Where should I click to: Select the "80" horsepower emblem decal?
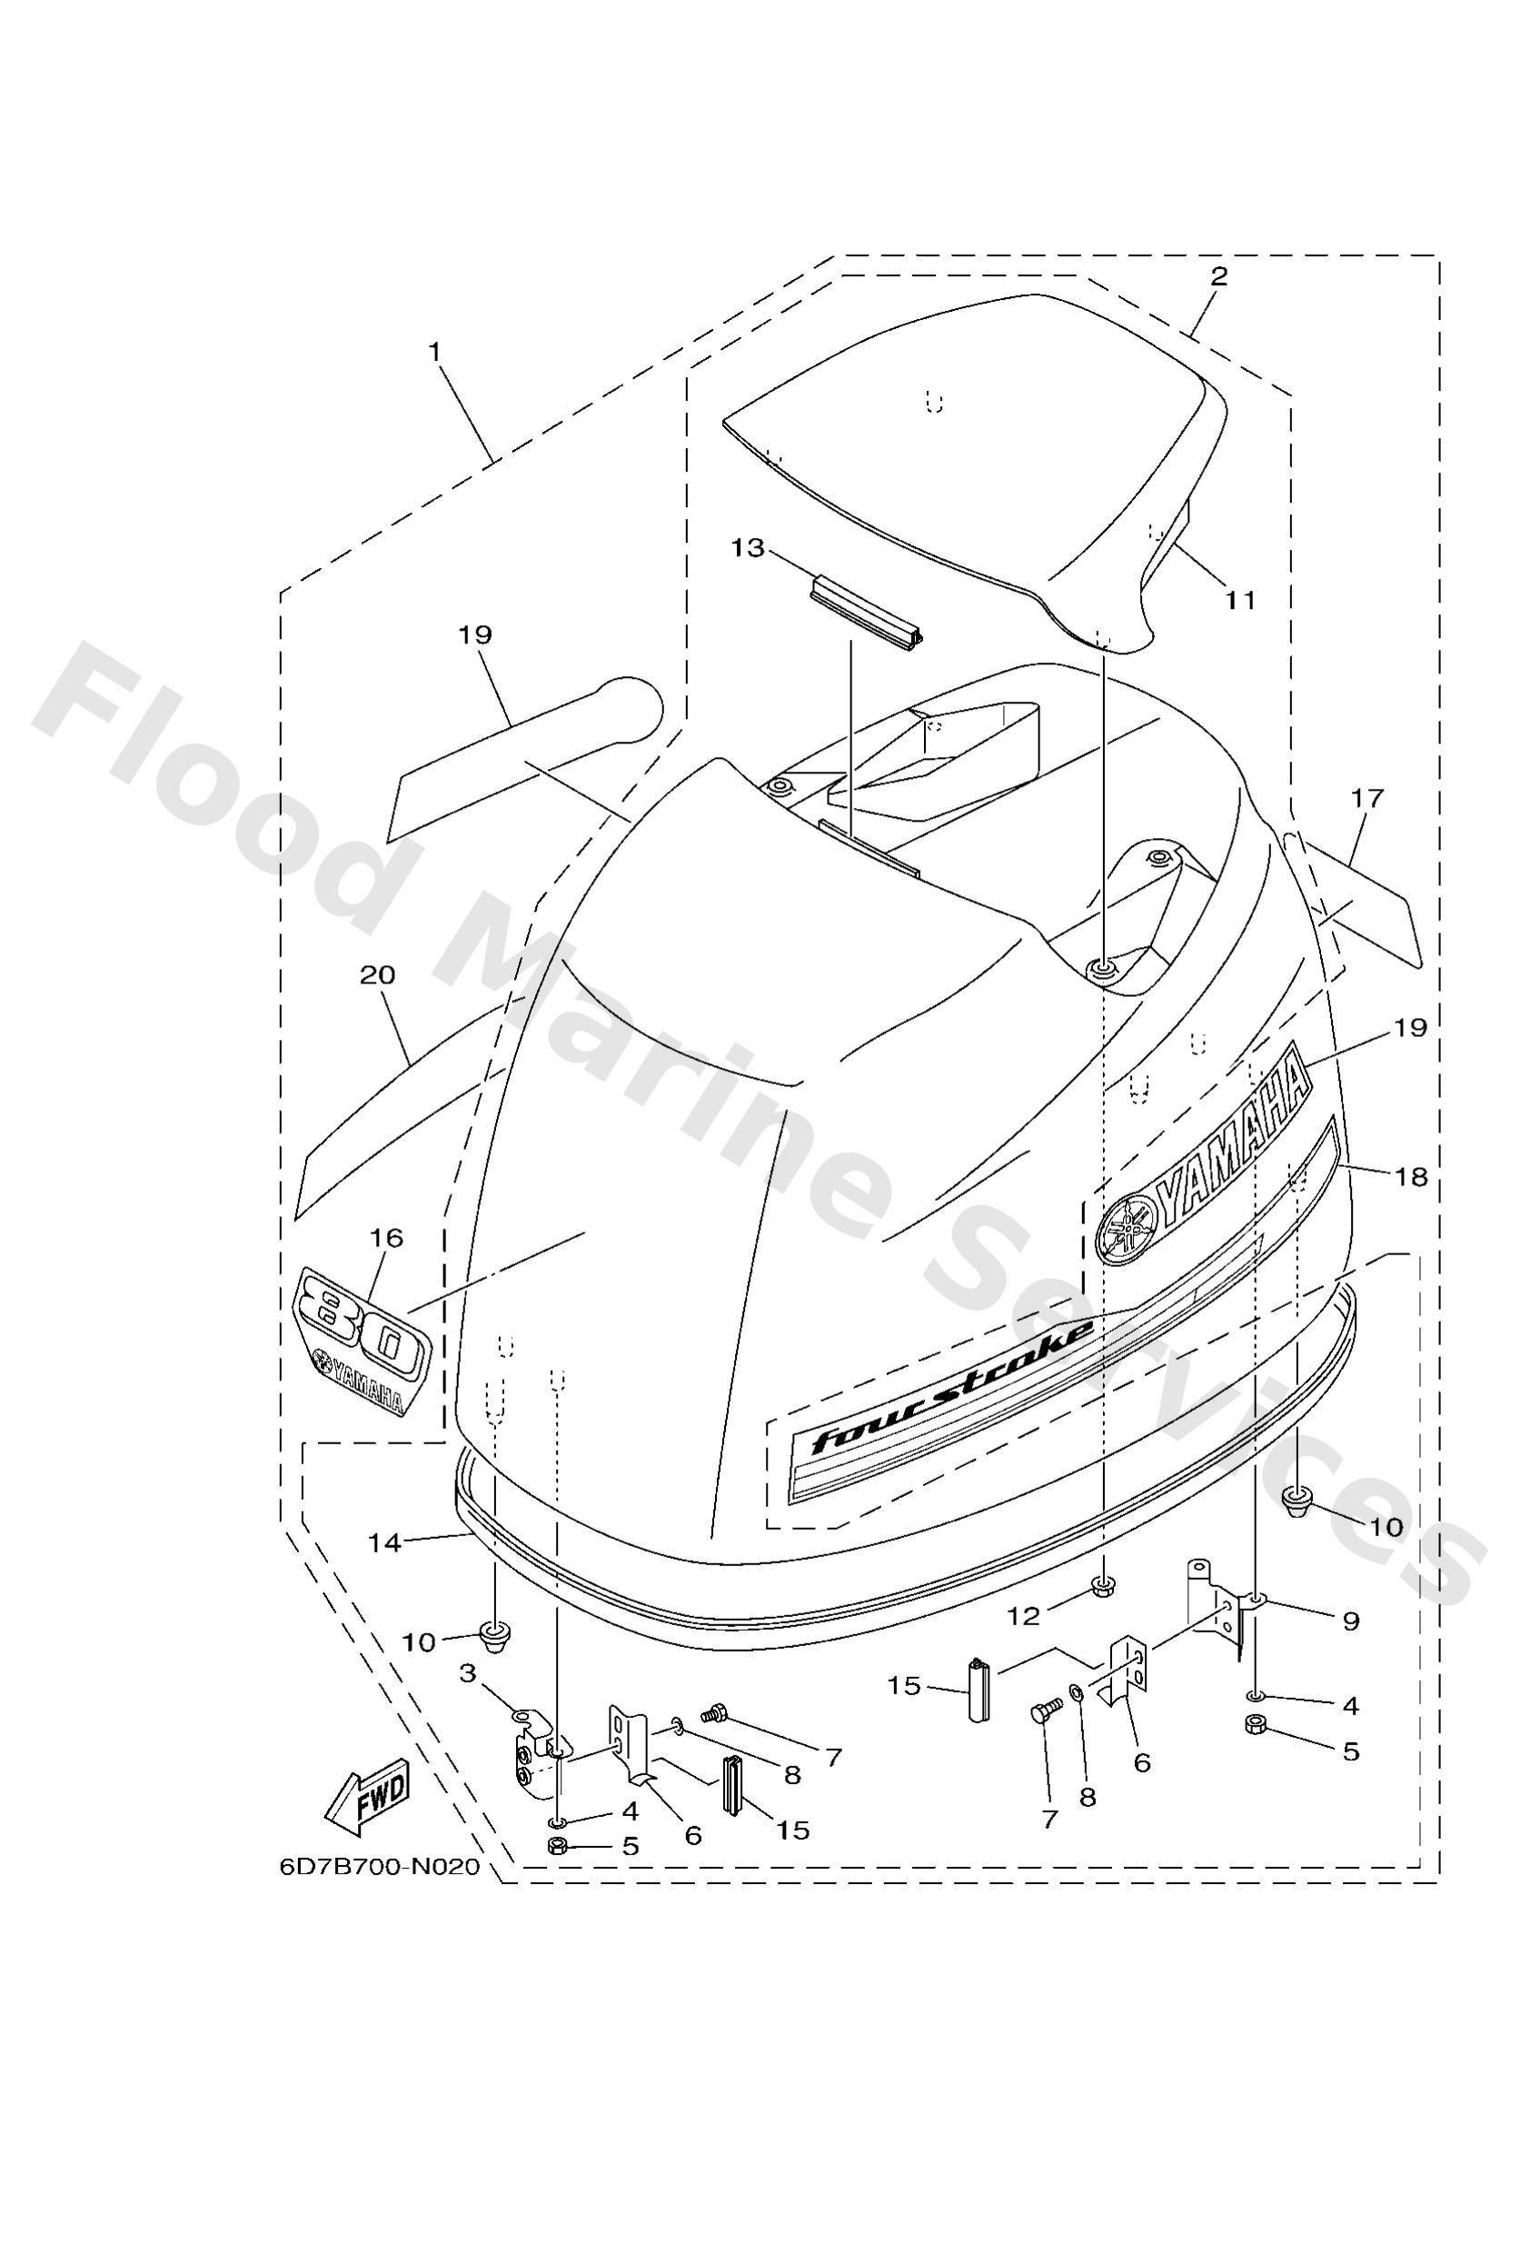point(361,1340)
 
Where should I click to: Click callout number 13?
point(748,548)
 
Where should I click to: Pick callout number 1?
point(435,351)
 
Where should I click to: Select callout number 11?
point(1240,601)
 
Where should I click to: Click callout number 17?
point(1368,799)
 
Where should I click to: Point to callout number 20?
point(377,975)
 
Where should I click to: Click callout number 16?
point(387,1238)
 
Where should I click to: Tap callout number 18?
point(1412,1177)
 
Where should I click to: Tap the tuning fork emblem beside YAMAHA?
point(1126,1226)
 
